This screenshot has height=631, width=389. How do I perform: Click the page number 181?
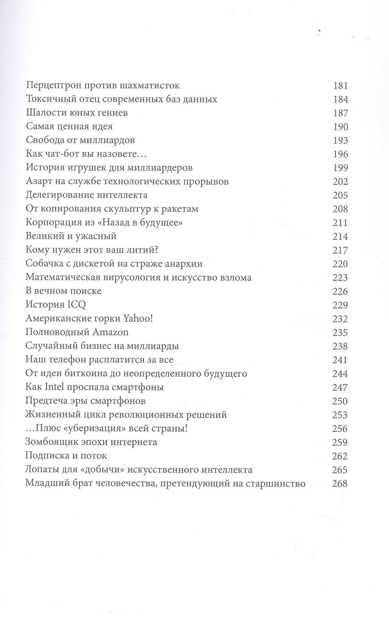[x=340, y=86]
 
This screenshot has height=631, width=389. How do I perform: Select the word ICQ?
[x=76, y=305]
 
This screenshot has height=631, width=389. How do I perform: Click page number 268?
[x=340, y=483]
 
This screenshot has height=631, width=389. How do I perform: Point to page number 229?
[x=340, y=305]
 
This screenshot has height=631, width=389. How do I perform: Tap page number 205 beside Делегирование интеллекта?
[x=340, y=195]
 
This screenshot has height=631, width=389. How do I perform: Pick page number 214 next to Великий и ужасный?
[x=340, y=236]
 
